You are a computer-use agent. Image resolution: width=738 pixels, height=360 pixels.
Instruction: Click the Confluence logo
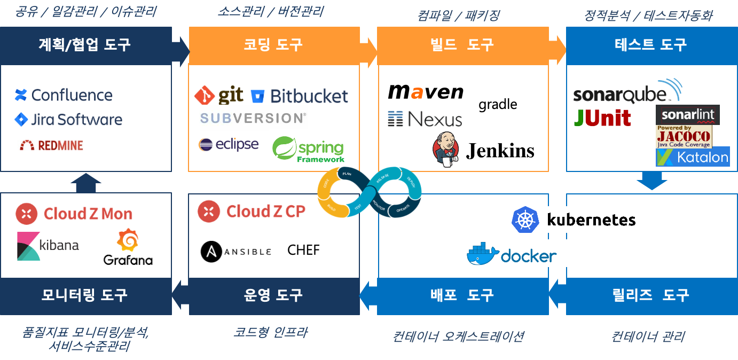coord(64,95)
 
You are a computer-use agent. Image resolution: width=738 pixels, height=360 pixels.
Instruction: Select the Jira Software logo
coord(68,119)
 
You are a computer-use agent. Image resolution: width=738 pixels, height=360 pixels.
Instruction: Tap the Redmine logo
coord(50,145)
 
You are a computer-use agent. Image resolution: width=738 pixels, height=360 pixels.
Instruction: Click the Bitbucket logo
coord(299,96)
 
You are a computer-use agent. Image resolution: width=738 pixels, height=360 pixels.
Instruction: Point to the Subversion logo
coord(253,118)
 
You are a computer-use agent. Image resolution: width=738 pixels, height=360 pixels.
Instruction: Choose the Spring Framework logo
coord(309,148)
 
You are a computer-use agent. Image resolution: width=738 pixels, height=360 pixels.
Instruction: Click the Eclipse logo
coord(229,144)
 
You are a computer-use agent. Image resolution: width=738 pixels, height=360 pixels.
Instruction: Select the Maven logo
coord(426,92)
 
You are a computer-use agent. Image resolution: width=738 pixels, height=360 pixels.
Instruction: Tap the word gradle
coord(498,104)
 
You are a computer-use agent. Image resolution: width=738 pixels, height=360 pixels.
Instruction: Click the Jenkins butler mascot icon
coord(446,148)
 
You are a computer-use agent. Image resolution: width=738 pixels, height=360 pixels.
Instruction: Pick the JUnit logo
coord(602,118)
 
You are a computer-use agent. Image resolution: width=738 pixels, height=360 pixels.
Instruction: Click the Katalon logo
coord(693,157)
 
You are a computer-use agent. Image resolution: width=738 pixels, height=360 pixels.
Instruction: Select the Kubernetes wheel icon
coord(525,220)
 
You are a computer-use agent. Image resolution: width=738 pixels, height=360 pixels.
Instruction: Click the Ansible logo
coord(238,252)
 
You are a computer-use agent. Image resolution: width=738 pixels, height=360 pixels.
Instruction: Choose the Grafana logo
coord(128,248)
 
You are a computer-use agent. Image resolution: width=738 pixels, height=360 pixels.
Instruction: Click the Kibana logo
coord(49,246)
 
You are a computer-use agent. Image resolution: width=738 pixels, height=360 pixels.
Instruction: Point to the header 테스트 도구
coord(650,44)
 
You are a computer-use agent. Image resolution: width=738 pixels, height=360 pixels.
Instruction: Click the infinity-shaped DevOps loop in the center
coord(370,193)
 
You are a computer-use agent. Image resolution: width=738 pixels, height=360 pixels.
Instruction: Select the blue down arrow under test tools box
coord(651,181)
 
